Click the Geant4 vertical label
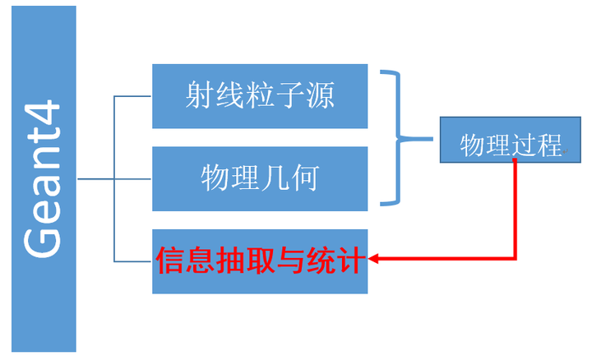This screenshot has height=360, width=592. [43, 179]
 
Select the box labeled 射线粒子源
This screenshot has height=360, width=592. [260, 96]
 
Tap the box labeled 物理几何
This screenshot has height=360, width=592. [260, 178]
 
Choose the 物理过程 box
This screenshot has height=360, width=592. [510, 146]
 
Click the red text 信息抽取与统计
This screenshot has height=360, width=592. [260, 261]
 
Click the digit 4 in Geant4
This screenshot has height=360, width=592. [41, 113]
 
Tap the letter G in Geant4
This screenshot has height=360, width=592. [41, 240]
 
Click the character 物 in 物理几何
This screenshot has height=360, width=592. [215, 178]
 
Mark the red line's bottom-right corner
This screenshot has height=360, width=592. [516, 260]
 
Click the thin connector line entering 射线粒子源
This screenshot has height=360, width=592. [133, 96]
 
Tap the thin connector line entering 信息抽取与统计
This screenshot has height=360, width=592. [133, 261]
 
